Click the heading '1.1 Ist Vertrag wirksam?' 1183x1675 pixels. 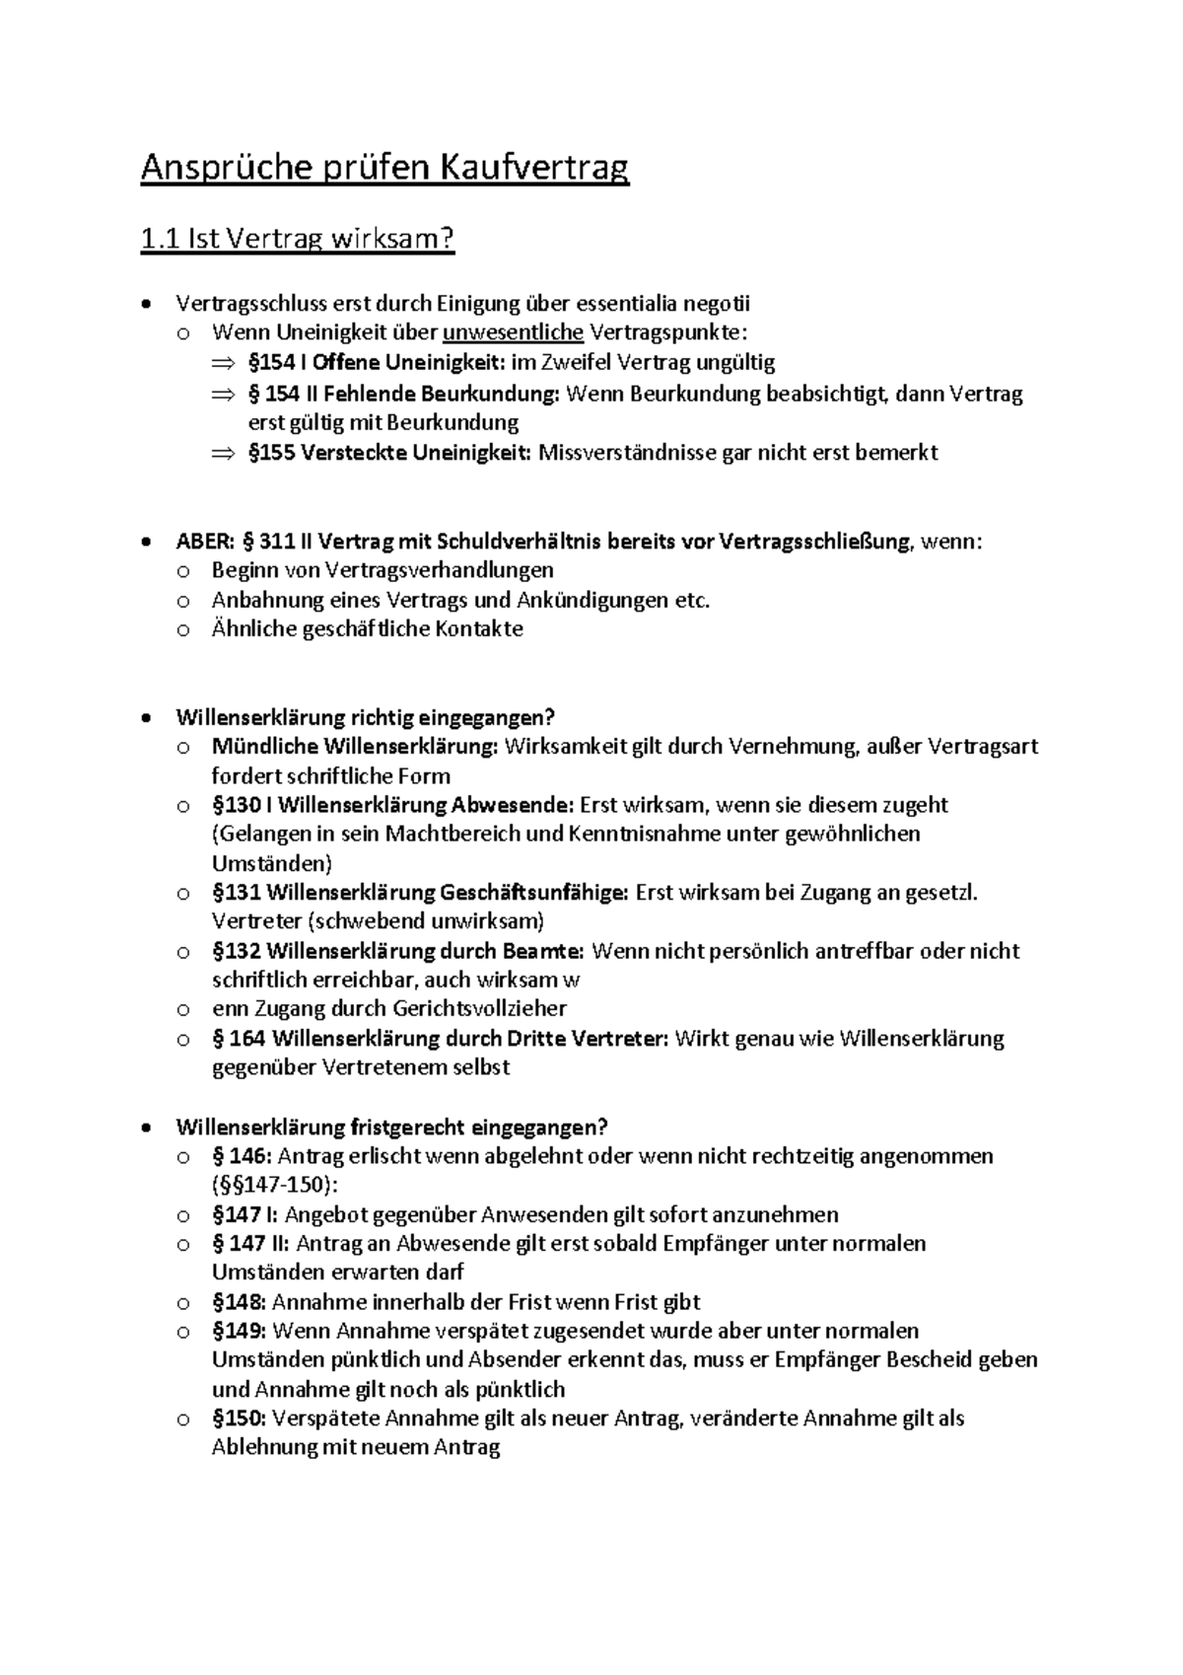[x=298, y=240]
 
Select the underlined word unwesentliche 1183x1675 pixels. [x=513, y=333]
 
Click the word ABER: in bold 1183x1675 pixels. [x=205, y=542]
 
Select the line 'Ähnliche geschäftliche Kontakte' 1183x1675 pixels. [x=367, y=629]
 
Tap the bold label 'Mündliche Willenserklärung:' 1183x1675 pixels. [x=355, y=747]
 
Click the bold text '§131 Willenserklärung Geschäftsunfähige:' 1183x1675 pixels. [x=420, y=893]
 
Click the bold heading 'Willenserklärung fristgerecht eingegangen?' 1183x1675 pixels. [x=391, y=1127]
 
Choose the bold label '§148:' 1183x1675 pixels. [x=239, y=1302]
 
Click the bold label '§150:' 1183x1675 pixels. [x=239, y=1419]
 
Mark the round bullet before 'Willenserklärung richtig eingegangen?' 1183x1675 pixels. [x=147, y=718]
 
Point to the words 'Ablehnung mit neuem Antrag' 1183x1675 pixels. [x=356, y=1448]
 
